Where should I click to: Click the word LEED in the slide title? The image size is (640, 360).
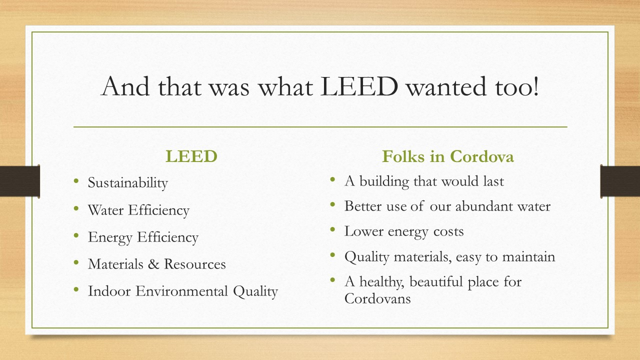pyautogui.click(x=359, y=86)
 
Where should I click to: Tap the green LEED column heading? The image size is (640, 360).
pyautogui.click(x=191, y=156)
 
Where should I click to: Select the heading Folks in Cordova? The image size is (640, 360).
pyautogui.click(x=448, y=156)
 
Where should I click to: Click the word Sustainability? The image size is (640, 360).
pyautogui.click(x=127, y=183)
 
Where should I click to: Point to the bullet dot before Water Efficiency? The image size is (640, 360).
pyautogui.click(x=76, y=208)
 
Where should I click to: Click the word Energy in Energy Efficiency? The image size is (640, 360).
pyautogui.click(x=110, y=237)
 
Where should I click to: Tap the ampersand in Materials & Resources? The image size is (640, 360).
pyautogui.click(x=153, y=264)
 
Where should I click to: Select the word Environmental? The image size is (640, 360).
pyautogui.click(x=181, y=291)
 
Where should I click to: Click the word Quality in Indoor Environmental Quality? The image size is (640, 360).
pyautogui.click(x=255, y=291)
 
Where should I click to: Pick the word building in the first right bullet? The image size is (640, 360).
pyautogui.click(x=384, y=181)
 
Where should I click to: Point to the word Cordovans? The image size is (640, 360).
pyautogui.click(x=377, y=298)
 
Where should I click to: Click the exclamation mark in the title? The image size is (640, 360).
pyautogui.click(x=535, y=85)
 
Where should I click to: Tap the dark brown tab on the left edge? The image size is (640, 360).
pyautogui.click(x=19, y=181)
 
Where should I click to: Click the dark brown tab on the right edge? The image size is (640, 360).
pyautogui.click(x=620, y=181)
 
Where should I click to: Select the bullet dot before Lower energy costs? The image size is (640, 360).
pyautogui.click(x=332, y=229)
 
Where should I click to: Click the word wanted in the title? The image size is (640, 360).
pyautogui.click(x=446, y=87)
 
